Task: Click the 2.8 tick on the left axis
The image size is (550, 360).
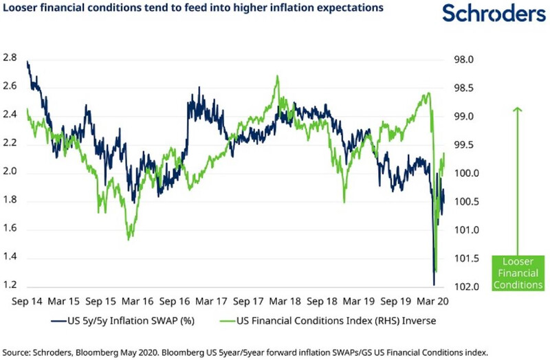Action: point(12,58)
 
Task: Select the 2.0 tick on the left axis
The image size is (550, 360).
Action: point(12,172)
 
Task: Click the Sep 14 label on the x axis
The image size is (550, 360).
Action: point(28,301)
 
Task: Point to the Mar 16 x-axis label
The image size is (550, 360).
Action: point(138,301)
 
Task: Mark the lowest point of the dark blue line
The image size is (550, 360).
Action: point(434,284)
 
